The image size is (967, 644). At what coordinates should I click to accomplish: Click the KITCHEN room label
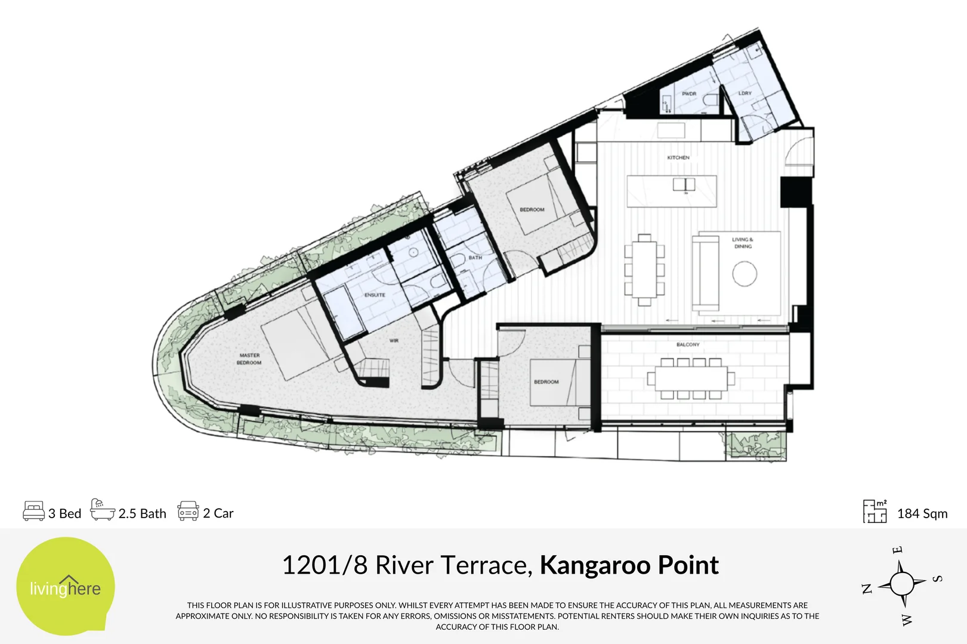tap(678, 157)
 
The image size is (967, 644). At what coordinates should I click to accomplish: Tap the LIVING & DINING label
tap(743, 243)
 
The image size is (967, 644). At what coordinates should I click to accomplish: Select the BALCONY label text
tap(688, 345)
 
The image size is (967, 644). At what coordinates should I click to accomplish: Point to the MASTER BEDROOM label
tap(249, 359)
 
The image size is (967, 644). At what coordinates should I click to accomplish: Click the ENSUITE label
tap(375, 295)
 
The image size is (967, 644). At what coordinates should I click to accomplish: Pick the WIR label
tap(394, 340)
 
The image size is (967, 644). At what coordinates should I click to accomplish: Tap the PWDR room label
tap(689, 94)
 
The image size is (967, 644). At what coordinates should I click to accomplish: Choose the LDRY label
tap(745, 93)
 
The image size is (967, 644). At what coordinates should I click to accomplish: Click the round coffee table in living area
tap(744, 274)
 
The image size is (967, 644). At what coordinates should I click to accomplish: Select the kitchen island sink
tap(684, 184)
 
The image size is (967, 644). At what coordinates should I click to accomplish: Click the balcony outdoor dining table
tap(691, 379)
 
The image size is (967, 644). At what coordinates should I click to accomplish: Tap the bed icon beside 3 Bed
tap(33, 512)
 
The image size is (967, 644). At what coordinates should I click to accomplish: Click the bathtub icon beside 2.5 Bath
tap(102, 510)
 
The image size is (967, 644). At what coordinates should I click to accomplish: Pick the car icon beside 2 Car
tap(188, 512)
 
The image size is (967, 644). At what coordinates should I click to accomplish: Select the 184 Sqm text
tap(922, 513)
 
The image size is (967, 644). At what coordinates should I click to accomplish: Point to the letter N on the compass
tap(867, 589)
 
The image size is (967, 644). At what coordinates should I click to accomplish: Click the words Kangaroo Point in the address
tap(629, 565)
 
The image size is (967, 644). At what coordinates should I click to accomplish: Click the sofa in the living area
tap(706, 273)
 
